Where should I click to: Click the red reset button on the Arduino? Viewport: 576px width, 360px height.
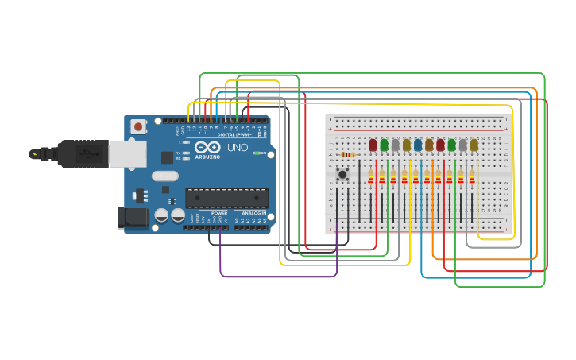pos(139,126)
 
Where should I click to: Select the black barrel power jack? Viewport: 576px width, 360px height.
pos(133,218)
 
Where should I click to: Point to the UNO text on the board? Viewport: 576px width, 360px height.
pos(238,148)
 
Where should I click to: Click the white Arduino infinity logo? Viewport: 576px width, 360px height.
pos(207,147)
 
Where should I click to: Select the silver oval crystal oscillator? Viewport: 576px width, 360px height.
pos(165,176)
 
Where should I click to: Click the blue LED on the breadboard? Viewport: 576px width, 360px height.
pos(418,145)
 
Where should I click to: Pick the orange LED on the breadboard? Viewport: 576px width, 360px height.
pos(429,145)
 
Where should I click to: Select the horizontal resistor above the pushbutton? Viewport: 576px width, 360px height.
pos(347,155)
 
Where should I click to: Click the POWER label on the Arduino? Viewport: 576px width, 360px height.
pos(219,213)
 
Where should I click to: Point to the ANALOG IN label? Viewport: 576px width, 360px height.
pos(254,213)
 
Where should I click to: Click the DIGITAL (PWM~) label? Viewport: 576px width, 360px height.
pos(235,135)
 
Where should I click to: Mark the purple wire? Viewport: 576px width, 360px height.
pos(278,277)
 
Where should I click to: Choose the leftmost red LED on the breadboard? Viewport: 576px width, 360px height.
pos(373,145)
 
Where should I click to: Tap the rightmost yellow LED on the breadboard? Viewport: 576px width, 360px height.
pos(474,145)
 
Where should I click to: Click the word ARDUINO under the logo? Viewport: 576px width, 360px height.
pos(207,157)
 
